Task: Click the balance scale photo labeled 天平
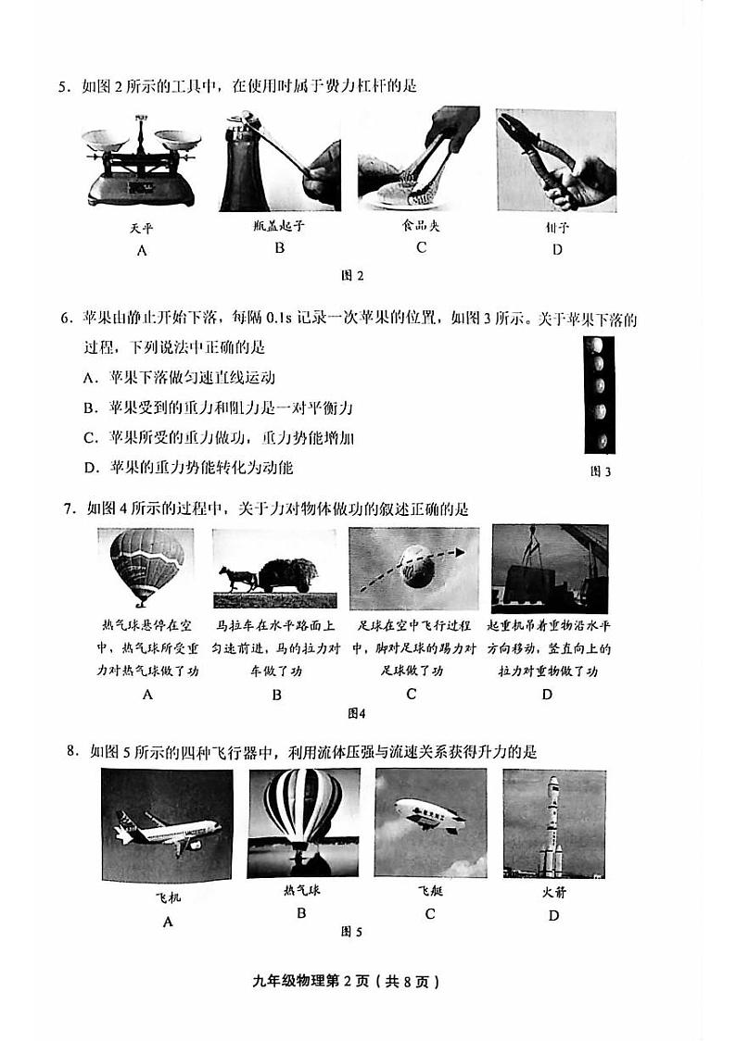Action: click(142, 160)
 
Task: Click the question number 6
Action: click(66, 320)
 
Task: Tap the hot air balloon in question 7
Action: click(146, 565)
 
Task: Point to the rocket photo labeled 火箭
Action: click(553, 823)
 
